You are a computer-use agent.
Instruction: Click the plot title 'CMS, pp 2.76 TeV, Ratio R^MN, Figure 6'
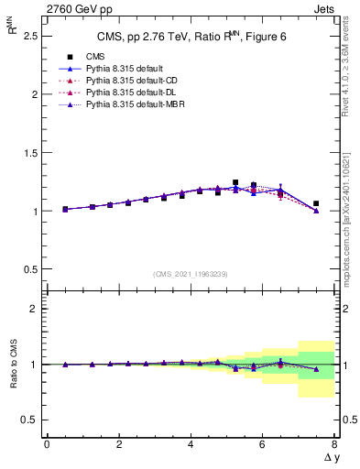[x=190, y=37]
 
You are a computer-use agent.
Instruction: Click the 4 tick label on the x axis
[x=191, y=445]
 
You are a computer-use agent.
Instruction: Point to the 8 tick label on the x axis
[x=334, y=445]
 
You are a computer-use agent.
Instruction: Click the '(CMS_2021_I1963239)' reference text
[x=190, y=274]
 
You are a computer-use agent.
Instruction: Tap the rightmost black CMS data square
[x=316, y=203]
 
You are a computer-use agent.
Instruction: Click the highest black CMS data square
[x=235, y=182]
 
